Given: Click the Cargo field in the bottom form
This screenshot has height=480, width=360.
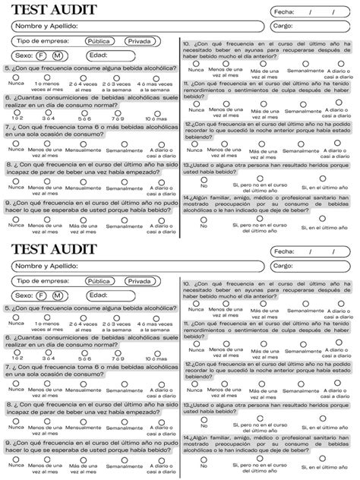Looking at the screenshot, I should pyautogui.click(x=312, y=266).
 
